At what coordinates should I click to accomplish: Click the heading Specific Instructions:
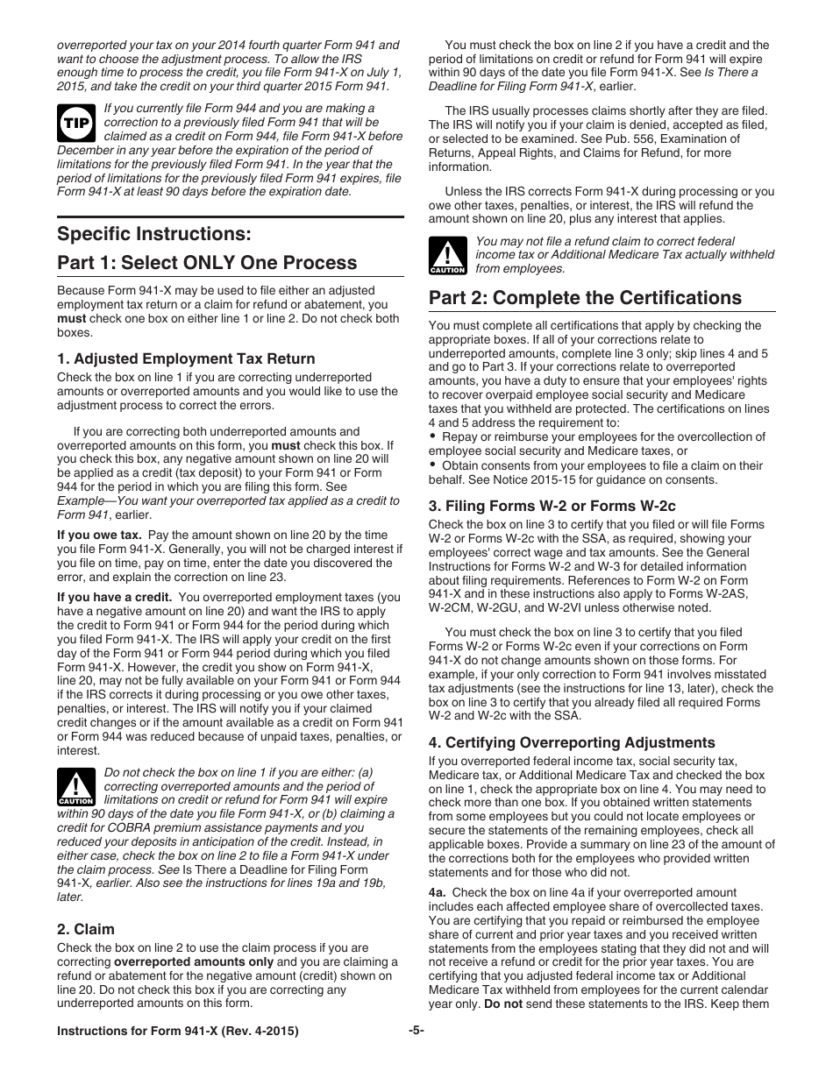[x=153, y=234]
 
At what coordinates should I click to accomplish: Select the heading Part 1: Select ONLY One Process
[x=207, y=263]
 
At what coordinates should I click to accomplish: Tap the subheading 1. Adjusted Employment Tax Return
[x=186, y=358]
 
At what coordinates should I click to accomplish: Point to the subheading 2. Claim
[x=86, y=929]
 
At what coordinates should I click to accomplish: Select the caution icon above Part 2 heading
[x=447, y=255]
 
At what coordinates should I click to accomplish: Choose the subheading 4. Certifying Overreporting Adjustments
[x=572, y=742]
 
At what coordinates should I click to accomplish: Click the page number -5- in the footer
[x=416, y=1032]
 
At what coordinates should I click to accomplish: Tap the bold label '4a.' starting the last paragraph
[x=438, y=892]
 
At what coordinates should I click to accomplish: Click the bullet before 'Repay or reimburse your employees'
[x=433, y=436]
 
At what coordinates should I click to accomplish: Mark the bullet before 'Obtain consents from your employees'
[x=433, y=465]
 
